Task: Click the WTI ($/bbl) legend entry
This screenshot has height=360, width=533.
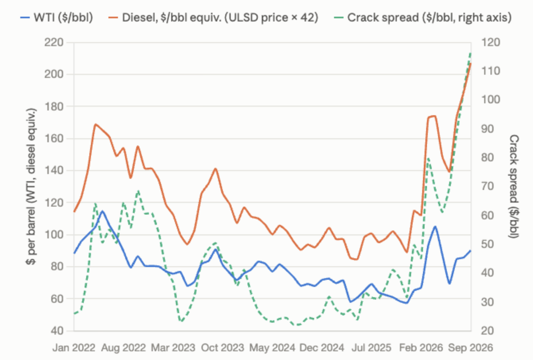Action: point(56,17)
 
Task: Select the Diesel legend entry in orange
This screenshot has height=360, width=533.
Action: point(213,17)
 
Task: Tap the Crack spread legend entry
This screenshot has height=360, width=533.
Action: point(423,17)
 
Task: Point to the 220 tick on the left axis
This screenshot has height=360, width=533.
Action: point(54,43)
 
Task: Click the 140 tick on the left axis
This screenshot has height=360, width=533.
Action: point(54,170)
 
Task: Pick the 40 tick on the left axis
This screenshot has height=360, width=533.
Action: point(57,331)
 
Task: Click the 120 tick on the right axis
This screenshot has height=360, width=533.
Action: point(491,43)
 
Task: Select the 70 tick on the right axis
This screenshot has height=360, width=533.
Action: point(488,186)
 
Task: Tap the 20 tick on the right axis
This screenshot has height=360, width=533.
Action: point(488,331)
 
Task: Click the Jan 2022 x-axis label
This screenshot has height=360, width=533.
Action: point(74,348)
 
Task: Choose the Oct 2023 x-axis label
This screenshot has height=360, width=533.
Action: point(223,348)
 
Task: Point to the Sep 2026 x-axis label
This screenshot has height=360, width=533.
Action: point(471,348)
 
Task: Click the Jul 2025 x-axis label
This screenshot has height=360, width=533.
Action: point(371,348)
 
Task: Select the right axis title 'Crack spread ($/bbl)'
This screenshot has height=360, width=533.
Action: point(514,186)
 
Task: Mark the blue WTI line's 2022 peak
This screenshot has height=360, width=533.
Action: point(102,211)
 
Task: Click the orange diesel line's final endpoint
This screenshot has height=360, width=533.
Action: point(471,63)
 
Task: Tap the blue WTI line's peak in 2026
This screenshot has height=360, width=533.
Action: point(435,226)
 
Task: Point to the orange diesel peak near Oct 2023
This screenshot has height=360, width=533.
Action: point(216,168)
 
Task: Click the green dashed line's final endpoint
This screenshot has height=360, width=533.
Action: point(470,52)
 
